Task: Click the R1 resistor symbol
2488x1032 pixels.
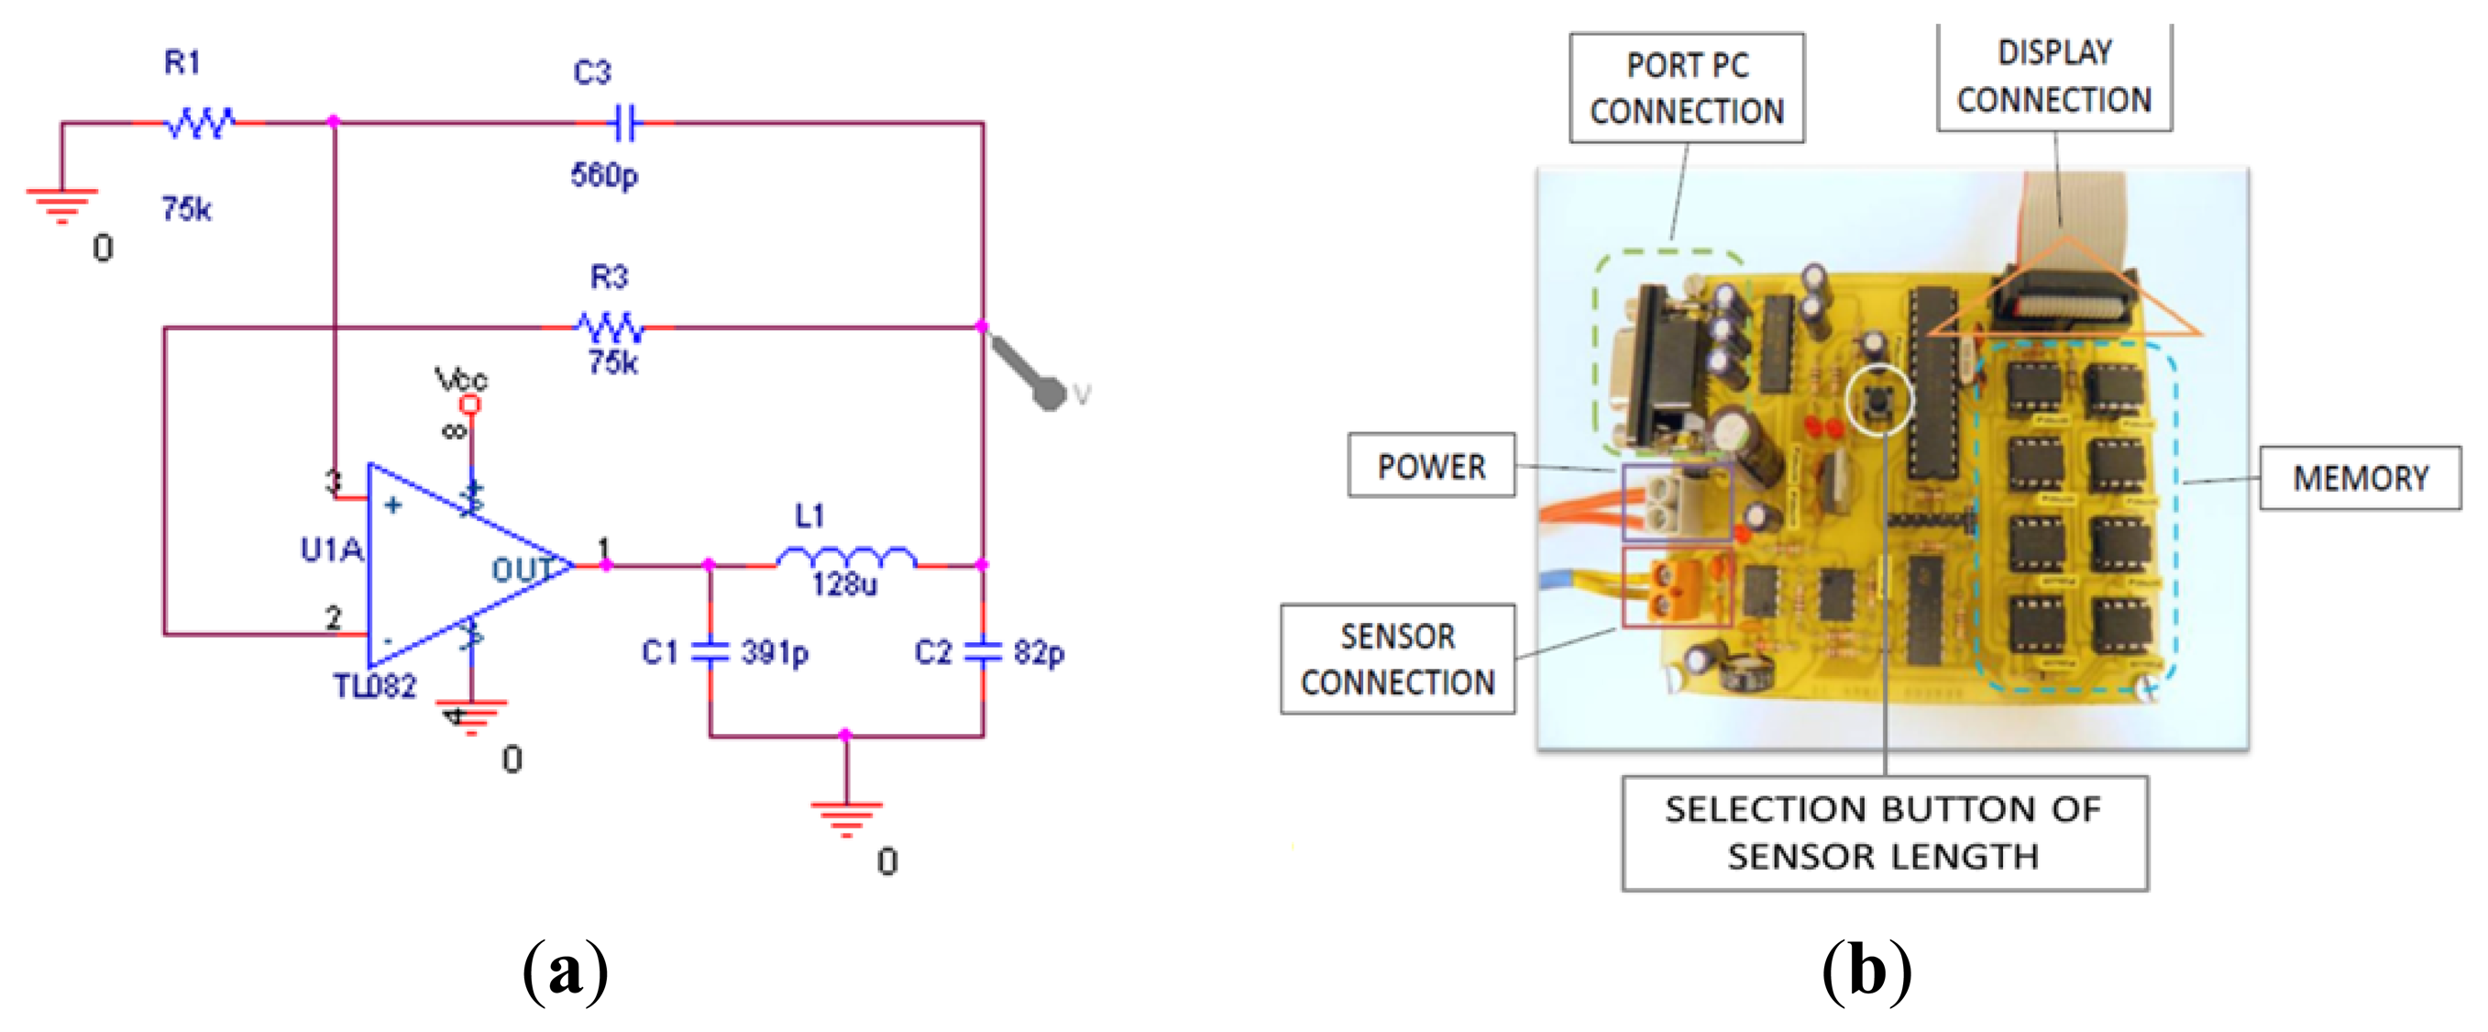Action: pos(200,123)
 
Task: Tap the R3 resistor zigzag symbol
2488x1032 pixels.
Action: pos(610,328)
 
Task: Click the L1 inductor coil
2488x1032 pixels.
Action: pos(846,559)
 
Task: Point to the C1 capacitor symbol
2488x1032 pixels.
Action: pos(710,651)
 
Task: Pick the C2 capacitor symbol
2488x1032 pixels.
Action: pos(984,651)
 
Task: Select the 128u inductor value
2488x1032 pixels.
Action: pos(844,584)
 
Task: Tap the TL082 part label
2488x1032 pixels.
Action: pos(375,686)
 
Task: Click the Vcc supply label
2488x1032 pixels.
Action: pos(461,379)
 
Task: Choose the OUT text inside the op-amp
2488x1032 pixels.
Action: pos(523,569)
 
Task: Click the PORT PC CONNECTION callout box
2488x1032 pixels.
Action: pos(1687,89)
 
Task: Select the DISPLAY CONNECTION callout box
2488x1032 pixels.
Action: pos(2053,77)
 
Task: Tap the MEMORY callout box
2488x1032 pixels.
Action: pos(2360,478)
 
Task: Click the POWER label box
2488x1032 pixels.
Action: pos(1431,466)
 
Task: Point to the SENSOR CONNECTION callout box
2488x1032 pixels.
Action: pos(1398,659)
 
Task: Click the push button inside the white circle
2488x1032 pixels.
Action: pos(1877,397)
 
